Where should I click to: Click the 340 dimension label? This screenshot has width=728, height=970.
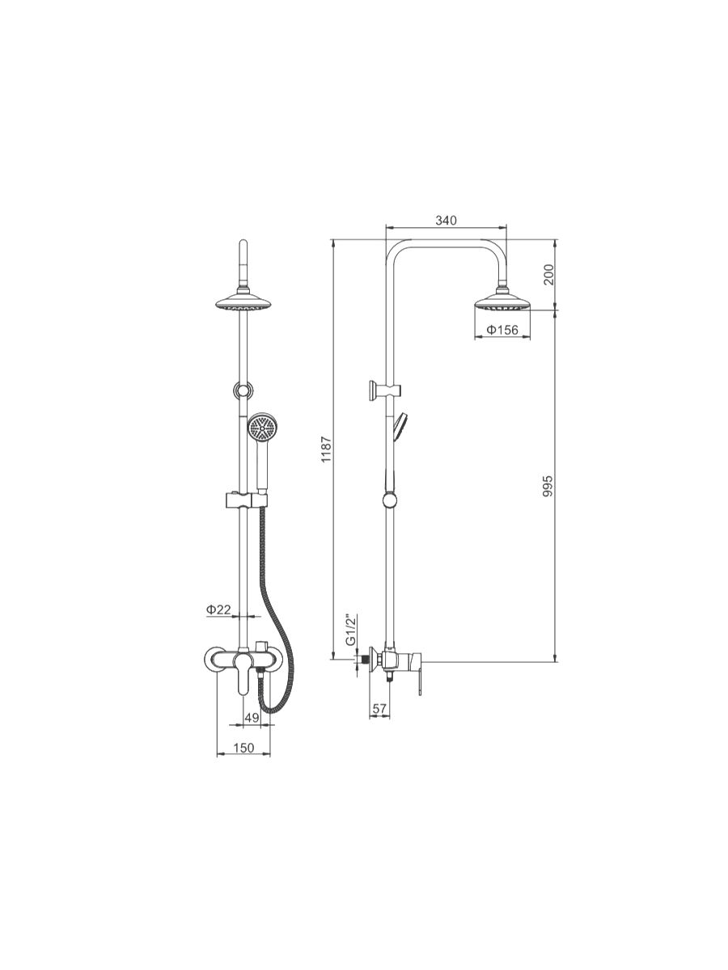446,220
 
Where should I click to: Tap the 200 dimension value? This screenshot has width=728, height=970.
548,274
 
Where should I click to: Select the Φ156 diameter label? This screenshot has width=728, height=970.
502,330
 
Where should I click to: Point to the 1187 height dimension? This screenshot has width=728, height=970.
326,449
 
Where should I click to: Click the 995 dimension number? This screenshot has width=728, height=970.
548,486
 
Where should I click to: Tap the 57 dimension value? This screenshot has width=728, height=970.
379,708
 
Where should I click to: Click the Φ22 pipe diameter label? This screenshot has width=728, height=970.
218,609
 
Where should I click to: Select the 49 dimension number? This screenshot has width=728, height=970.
252,718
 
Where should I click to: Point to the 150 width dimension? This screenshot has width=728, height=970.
243,748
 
